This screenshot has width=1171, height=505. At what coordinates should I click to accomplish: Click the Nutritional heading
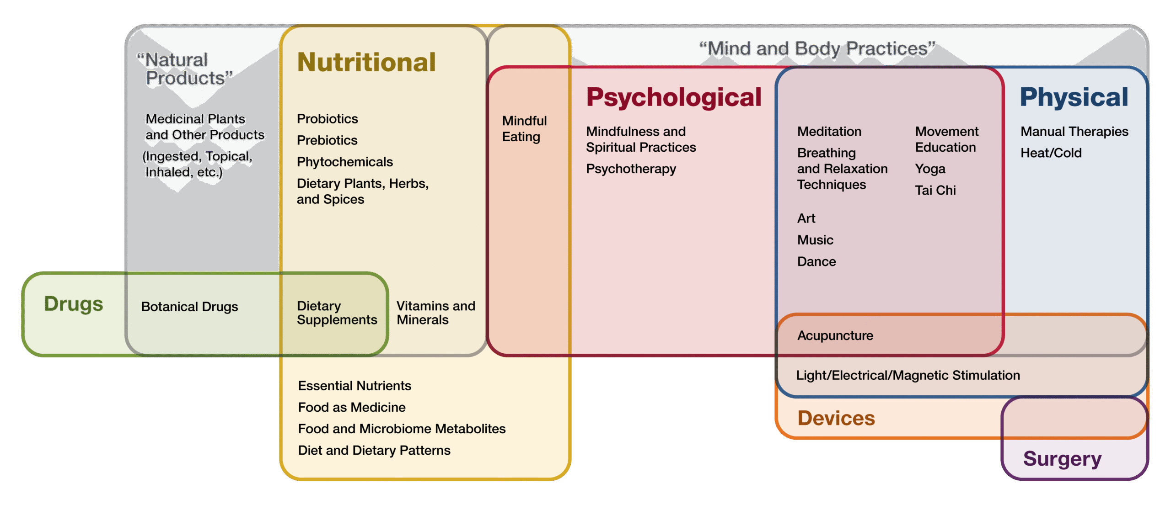pos(366,62)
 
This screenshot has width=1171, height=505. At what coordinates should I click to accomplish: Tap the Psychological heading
pos(674,97)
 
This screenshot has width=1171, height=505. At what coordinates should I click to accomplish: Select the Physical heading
pos(1074,97)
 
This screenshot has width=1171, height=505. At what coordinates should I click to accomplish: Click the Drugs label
pos(74,304)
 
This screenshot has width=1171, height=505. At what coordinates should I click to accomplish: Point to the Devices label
pos(836,418)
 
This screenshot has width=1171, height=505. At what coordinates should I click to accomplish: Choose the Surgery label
pos(1062,458)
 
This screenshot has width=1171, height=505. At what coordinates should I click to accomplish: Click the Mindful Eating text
pos(524,129)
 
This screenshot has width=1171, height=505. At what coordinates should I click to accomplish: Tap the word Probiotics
pos(327,119)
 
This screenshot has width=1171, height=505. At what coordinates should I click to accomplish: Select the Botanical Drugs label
pos(189,307)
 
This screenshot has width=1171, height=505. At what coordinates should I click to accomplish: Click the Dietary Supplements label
pos(337,313)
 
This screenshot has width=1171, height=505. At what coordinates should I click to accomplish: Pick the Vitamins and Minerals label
pos(435,313)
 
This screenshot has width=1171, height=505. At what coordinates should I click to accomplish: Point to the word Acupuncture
pos(835,336)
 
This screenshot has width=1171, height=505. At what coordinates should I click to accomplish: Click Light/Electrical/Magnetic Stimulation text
pos(908,376)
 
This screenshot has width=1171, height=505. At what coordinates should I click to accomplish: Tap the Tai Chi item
pos(935,191)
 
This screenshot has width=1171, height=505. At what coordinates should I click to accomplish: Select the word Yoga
pos(930,169)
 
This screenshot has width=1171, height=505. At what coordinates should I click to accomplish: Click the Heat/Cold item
pos(1051,153)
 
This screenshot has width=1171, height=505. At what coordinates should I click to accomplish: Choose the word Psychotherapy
pos(631,169)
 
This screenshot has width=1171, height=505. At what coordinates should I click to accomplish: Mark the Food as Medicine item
pos(352,407)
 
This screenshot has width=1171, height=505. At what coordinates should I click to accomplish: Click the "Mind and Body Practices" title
pos(817,49)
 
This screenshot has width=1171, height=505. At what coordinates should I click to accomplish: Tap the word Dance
pos(816,262)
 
